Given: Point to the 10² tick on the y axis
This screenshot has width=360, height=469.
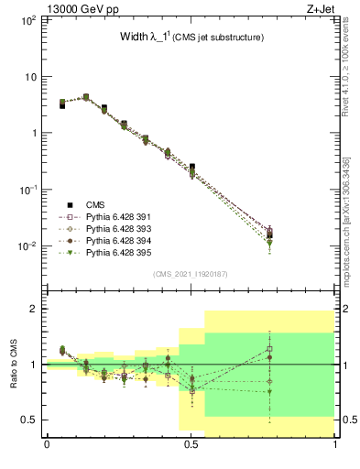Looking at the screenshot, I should click(29, 19).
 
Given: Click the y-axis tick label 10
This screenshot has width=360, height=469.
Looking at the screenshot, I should click(31, 76).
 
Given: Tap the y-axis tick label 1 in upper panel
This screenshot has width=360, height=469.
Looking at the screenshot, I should click(34, 133).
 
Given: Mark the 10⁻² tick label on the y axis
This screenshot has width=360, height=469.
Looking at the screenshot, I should click(29, 245).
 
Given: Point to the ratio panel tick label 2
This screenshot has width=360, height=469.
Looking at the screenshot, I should click(34, 309).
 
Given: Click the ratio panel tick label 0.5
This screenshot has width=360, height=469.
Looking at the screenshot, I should click(30, 420).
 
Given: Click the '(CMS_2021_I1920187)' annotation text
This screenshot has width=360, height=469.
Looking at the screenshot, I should click(191, 274).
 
